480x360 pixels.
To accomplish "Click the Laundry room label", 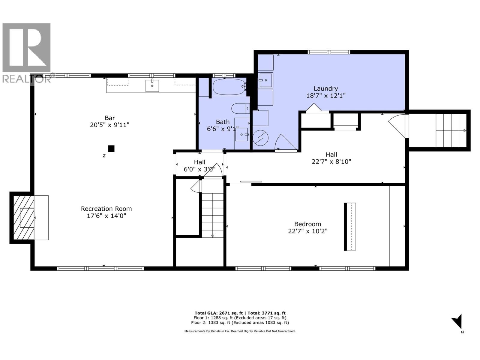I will pyautogui.click(x=326, y=88).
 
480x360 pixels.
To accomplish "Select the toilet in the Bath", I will pyautogui.click(x=240, y=108).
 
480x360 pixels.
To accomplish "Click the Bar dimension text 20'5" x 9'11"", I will pyautogui.click(x=109, y=125).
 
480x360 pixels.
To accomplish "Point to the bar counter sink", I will pyautogui.click(x=152, y=85).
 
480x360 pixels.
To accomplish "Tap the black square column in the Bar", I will pyautogui.click(x=111, y=148).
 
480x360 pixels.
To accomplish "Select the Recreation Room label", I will pyautogui.click(x=106, y=209).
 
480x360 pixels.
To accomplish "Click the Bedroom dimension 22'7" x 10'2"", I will pyautogui.click(x=307, y=231).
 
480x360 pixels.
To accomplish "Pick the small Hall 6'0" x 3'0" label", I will pyautogui.click(x=199, y=162).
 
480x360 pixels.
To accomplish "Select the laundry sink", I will pyautogui.click(x=265, y=80).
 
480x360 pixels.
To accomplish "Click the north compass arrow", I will pyautogui.click(x=458, y=322).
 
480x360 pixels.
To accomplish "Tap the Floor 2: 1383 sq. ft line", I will pyautogui.click(x=240, y=323).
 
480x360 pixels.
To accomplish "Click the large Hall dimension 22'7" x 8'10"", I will pyautogui.click(x=331, y=162).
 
